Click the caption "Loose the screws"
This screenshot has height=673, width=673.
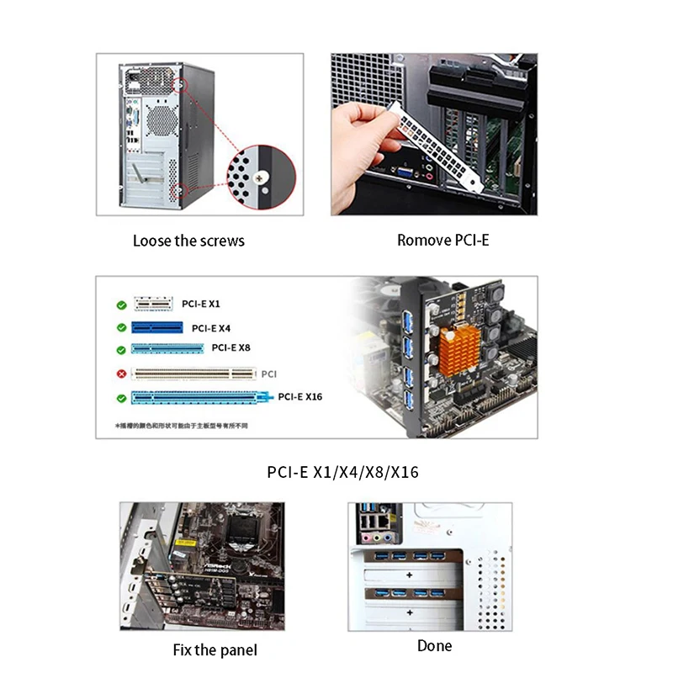pyautogui.click(x=188, y=241)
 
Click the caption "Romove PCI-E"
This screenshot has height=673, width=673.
pyautogui.click(x=442, y=240)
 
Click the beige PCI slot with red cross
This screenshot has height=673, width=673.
pyautogui.click(x=194, y=373)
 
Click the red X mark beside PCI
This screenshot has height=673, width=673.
pyautogui.click(x=121, y=373)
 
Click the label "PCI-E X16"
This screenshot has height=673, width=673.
pyautogui.click(x=300, y=395)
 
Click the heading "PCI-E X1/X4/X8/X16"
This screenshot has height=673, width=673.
pyautogui.click(x=342, y=472)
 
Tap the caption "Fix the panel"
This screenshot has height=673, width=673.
pyautogui.click(x=215, y=649)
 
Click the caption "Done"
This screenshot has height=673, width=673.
pyautogui.click(x=434, y=645)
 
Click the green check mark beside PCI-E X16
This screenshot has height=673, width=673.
pyautogui.click(x=121, y=397)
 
